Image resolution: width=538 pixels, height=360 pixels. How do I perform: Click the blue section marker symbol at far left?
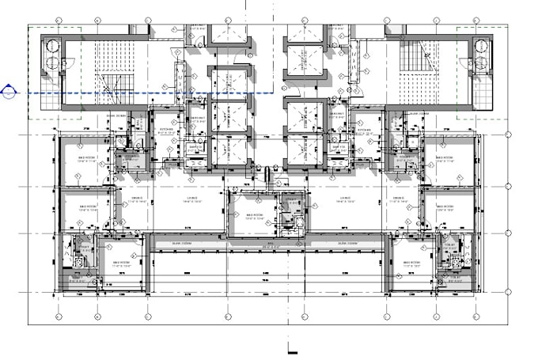coord(9,93)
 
